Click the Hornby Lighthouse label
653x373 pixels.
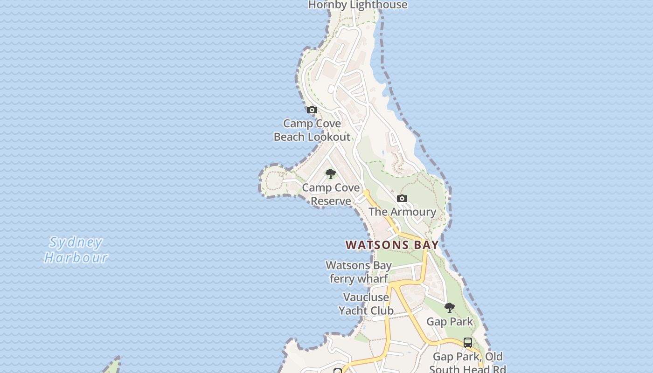[x=358, y=5]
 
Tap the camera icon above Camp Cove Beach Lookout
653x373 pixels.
[x=312, y=110]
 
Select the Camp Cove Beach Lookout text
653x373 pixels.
[x=312, y=130]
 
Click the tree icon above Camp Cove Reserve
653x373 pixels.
[x=331, y=174]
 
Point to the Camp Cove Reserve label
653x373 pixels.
[x=331, y=194]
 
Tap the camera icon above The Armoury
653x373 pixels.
[x=402, y=199]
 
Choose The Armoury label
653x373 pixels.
[x=402, y=212]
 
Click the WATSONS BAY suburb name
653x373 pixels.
[x=392, y=245]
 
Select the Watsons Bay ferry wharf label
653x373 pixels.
[x=359, y=272]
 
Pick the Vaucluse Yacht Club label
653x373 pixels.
[x=366, y=304]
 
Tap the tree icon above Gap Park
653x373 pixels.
[x=450, y=308]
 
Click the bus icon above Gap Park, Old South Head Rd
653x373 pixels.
[x=468, y=343]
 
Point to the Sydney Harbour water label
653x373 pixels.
[x=76, y=250]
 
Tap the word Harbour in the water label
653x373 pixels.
[x=76, y=257]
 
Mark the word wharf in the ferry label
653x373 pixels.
[x=372, y=279]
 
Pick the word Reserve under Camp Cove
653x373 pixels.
[x=331, y=201]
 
